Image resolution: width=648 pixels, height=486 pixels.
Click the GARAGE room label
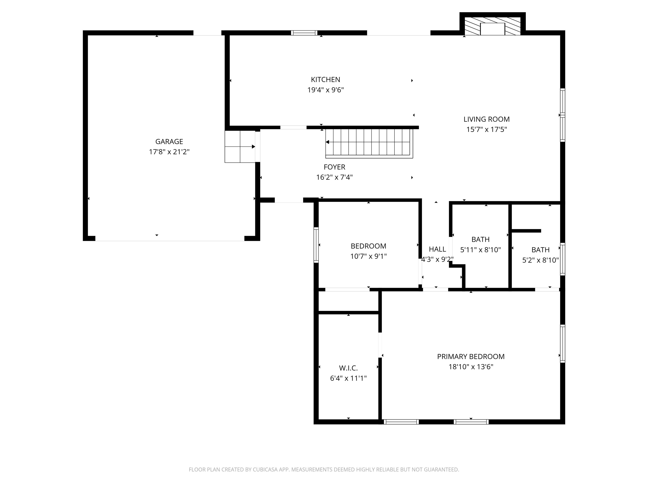point(169,142)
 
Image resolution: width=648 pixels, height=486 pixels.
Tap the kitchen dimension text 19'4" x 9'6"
point(325,90)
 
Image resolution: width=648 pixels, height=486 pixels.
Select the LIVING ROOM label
point(486,119)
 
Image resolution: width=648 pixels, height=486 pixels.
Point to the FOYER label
point(334,167)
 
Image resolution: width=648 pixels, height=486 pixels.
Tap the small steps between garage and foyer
point(240,146)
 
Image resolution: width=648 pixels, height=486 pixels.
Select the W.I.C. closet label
point(348,368)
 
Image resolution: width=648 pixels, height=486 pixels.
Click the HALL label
point(437,249)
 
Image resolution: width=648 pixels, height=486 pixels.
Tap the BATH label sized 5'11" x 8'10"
point(480,239)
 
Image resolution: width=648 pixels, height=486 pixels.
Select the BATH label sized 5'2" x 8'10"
point(540,250)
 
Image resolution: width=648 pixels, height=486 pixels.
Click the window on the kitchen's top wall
point(304,33)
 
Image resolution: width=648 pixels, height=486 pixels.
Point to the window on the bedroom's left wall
point(316,245)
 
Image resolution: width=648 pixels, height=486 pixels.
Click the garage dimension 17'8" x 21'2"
point(169,152)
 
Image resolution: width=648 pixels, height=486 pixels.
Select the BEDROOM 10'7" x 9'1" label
point(368,246)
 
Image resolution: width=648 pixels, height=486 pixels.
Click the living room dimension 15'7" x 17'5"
point(486,130)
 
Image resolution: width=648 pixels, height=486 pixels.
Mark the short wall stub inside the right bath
point(526,231)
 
